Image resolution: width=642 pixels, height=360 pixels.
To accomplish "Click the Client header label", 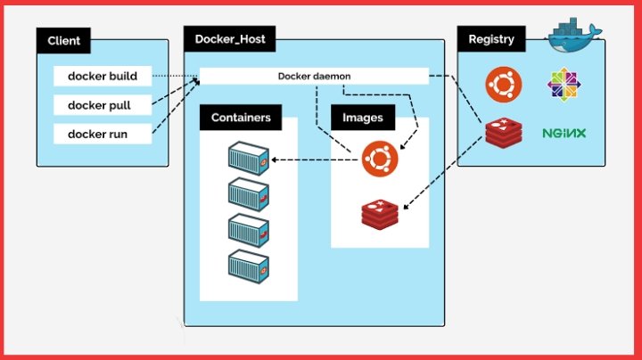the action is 63,40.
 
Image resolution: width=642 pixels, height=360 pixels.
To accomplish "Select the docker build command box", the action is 103,76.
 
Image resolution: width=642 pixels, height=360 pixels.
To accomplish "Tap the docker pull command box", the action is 103,105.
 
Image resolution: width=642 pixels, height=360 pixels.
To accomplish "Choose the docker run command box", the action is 103,134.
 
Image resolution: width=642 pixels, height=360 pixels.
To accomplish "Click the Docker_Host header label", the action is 230,39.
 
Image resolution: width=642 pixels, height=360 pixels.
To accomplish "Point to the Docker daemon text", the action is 314,76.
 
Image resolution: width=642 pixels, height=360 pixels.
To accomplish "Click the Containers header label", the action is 241,118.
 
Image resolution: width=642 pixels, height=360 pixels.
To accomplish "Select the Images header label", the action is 363,118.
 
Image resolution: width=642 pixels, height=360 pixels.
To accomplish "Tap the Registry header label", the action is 491,39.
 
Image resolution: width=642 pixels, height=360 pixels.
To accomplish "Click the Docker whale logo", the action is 574,35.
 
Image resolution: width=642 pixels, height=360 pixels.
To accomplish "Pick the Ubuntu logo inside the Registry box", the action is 504,85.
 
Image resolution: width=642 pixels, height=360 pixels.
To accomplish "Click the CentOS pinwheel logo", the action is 564,85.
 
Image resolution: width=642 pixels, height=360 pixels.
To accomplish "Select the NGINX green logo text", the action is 564,133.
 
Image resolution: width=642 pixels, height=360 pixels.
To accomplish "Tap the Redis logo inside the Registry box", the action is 504,133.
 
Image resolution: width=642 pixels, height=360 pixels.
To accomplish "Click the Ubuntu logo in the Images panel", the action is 380,159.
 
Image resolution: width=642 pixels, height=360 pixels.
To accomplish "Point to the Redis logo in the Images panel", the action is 380,215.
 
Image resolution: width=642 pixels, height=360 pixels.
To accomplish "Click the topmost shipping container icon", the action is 249,159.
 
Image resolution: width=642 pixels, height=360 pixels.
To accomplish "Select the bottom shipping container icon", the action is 249,266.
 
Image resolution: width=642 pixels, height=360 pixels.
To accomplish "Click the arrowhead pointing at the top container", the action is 275,160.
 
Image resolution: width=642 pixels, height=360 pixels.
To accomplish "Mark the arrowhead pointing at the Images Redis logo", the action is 406,207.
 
